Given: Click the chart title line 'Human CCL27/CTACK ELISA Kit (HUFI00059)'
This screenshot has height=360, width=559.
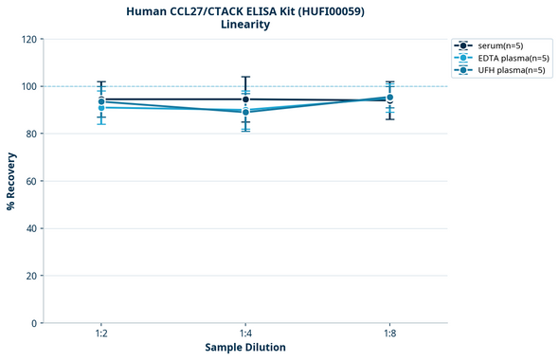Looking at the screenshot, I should tap(245, 10).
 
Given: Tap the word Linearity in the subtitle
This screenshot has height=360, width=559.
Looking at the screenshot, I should tap(245, 25).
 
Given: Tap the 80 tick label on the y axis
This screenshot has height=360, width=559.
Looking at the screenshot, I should tap(31, 134).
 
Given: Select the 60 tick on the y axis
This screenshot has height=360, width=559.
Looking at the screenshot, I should tap(31, 181).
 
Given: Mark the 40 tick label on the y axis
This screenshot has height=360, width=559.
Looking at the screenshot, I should tap(31, 228).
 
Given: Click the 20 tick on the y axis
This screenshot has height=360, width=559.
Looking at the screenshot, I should tap(31, 276).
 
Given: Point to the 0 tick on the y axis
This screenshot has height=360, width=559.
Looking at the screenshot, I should tap(34, 323).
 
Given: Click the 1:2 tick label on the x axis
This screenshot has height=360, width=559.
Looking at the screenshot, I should tap(101, 334).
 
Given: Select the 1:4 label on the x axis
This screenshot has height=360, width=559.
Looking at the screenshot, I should tap(245, 334).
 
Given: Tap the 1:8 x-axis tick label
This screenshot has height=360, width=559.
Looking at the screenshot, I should tap(389, 334).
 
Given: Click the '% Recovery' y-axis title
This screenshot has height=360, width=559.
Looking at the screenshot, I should tap(11, 181).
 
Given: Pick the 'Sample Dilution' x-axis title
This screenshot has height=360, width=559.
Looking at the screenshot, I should tap(245, 348).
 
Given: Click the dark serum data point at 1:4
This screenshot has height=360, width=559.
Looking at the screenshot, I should tap(245, 99).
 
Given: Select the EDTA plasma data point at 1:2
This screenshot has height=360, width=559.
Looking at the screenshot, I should tap(101, 107).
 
